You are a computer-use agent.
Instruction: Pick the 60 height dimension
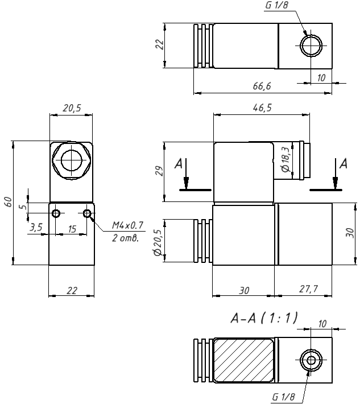click(x=8, y=202)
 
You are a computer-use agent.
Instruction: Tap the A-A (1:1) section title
click(x=264, y=319)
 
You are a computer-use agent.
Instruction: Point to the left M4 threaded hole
click(x=56, y=213)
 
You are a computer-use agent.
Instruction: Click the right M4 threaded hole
click(x=87, y=213)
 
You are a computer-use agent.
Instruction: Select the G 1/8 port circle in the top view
click(x=311, y=45)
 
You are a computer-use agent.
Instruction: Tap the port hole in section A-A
click(x=310, y=360)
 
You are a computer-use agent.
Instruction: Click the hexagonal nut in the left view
click(x=71, y=160)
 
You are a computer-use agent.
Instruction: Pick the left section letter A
click(x=179, y=164)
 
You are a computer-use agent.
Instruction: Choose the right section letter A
click(x=342, y=164)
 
